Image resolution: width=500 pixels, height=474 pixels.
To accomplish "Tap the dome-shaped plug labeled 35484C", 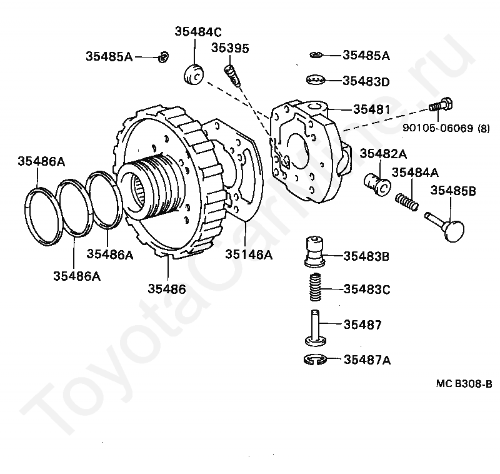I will click(194, 73).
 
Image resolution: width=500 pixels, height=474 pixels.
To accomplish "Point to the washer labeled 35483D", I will click(317, 80).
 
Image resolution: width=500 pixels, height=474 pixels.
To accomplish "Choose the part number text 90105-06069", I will click(436, 129).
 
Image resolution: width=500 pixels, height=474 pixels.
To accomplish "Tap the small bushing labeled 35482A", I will click(377, 182).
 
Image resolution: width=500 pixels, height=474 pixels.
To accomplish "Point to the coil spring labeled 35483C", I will click(317, 288).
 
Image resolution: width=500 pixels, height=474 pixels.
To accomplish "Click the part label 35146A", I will click(249, 254).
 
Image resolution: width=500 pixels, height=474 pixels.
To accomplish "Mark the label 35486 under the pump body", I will click(166, 288).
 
